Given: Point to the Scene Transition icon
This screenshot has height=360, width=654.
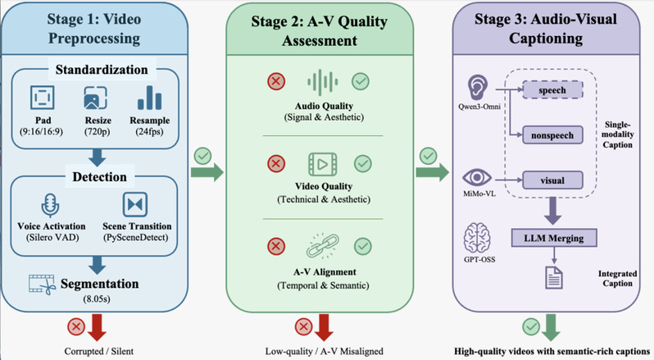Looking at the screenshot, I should click(134, 204).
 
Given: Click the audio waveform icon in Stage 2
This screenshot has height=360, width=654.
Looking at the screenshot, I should click(320, 83).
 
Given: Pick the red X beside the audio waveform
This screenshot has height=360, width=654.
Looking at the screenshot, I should click(276, 82).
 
